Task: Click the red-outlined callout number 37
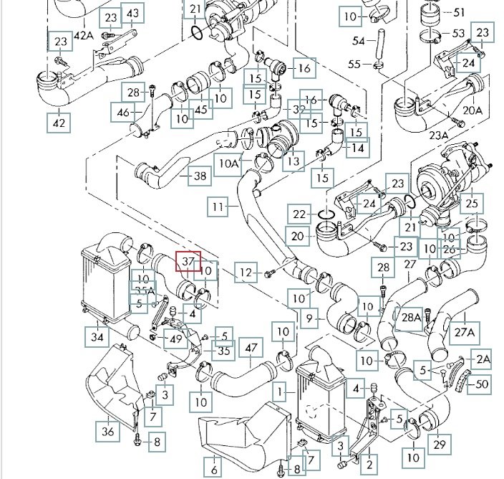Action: coord(189,263)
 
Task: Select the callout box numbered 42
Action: coord(59,123)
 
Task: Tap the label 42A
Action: coord(84,34)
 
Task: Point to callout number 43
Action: coord(132,14)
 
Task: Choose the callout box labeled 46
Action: coord(123,112)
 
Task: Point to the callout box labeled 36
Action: coord(108,431)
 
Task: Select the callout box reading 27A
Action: coord(465,332)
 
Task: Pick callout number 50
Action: coord(482,384)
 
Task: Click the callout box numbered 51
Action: coord(459,12)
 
